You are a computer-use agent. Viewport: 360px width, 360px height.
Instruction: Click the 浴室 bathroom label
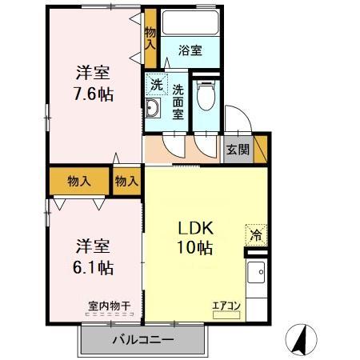pyautogui.click(x=190, y=50)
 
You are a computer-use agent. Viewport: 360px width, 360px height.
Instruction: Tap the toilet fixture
pyautogui.click(x=206, y=98)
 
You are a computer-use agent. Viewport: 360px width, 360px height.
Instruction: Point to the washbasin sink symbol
pyautogui.click(x=154, y=110)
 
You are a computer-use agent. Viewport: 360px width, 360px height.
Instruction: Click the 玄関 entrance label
pyautogui.click(x=238, y=149)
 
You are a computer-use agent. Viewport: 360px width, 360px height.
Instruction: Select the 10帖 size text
pyautogui.click(x=195, y=248)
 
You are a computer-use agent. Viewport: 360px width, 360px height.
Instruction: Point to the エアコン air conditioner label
pyautogui.click(x=226, y=305)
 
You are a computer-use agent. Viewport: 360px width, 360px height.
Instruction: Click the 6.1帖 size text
pyautogui.click(x=94, y=267)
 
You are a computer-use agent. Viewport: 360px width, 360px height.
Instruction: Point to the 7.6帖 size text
pyautogui.click(x=94, y=94)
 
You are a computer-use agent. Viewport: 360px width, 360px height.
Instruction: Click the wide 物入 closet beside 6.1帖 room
pyautogui.click(x=79, y=181)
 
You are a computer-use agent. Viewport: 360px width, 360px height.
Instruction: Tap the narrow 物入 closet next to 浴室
pyautogui.click(x=150, y=38)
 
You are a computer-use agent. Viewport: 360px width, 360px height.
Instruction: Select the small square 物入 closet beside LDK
pyautogui.click(x=126, y=181)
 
